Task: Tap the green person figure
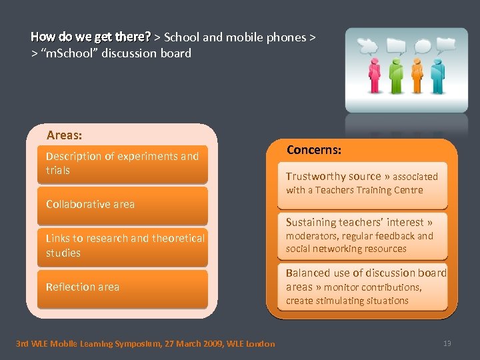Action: tap(397, 75)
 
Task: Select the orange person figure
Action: tap(418, 74)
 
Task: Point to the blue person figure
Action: tap(438, 75)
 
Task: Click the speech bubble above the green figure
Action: tap(396, 45)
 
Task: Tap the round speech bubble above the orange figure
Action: tap(423, 46)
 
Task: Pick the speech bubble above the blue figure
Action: tap(445, 44)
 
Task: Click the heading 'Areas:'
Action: tap(65, 135)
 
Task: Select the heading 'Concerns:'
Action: tap(314, 150)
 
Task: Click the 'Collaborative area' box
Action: tap(123, 205)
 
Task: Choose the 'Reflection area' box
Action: tap(123, 287)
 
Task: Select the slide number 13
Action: tap(447, 343)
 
